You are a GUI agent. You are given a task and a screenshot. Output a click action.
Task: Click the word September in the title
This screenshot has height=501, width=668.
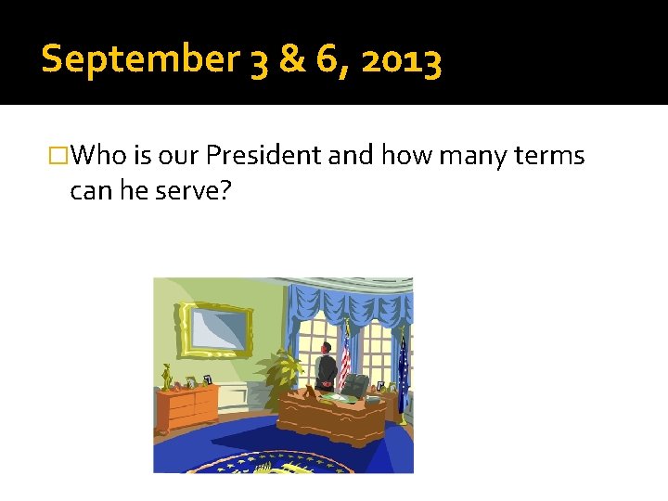point(140,60)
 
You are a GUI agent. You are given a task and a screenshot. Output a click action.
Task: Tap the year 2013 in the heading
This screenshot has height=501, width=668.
point(402,60)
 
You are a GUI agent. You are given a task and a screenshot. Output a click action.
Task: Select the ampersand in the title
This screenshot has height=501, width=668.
point(292,60)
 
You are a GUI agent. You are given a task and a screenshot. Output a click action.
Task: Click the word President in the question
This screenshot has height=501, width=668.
point(263,155)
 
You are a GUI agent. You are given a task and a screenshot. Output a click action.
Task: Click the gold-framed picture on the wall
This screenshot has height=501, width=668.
point(217,329)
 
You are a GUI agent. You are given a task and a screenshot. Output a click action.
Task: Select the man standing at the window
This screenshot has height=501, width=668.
point(326,366)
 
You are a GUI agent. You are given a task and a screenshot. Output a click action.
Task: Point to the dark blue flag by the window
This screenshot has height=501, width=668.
point(404,366)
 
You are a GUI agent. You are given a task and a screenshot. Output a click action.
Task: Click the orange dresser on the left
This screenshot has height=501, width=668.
point(188,409)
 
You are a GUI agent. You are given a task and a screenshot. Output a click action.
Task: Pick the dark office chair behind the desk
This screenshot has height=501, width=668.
point(355,384)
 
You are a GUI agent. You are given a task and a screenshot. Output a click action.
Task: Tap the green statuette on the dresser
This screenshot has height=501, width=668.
point(168,378)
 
